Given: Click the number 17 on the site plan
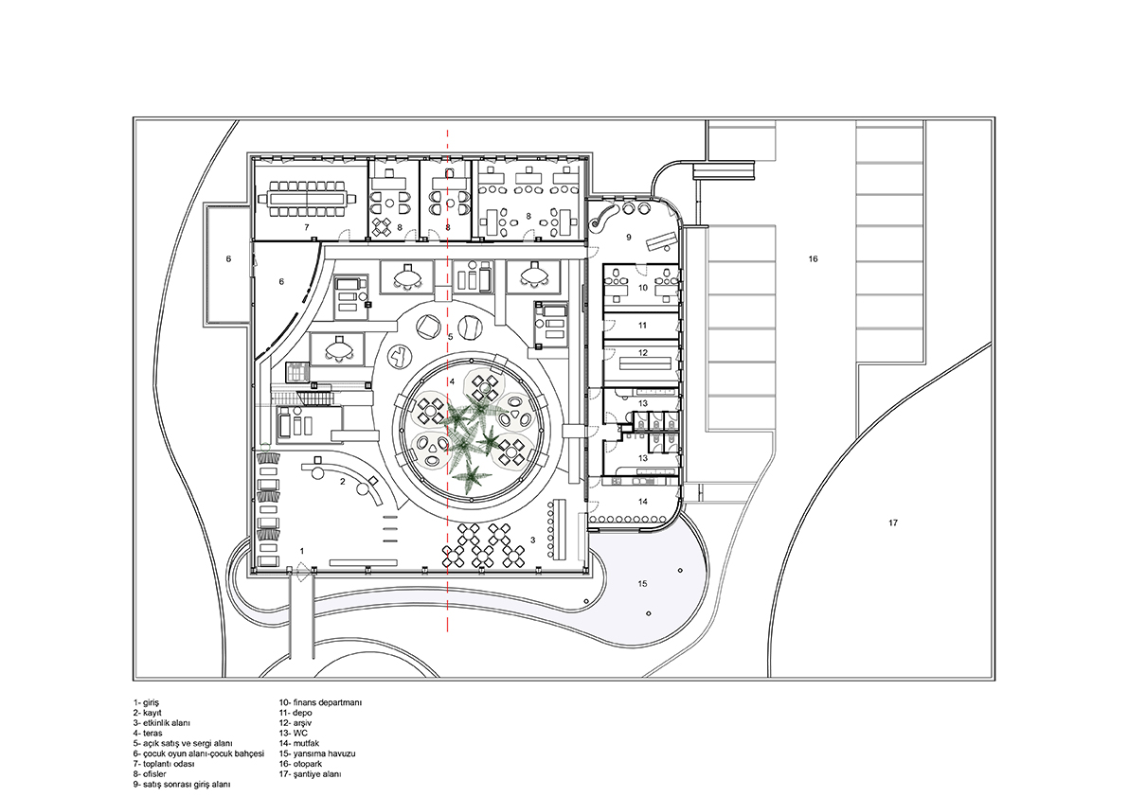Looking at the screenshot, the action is point(893,523).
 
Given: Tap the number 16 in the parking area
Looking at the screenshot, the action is point(813,258).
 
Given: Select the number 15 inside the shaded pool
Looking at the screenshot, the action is point(642,584).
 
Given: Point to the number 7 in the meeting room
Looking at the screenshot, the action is point(307,227).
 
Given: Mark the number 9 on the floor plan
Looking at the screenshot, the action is point(628,237).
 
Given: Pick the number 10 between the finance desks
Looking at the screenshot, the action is point(643,288).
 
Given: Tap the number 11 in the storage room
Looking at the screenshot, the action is point(643,326).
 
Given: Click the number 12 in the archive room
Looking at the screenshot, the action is point(643,353).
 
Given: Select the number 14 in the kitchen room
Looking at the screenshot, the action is point(643,502).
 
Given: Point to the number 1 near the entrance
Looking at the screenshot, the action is point(302,551).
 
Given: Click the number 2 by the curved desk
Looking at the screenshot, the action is point(343,482).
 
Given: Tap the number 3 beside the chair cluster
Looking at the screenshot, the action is point(532,539).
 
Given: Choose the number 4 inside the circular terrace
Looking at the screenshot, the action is point(452,381).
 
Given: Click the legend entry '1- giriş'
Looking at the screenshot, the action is point(146,702).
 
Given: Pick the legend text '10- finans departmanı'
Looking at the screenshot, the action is point(321,702).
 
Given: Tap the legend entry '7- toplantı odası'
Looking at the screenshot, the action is point(163,764).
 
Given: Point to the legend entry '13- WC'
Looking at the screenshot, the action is point(294,733).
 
